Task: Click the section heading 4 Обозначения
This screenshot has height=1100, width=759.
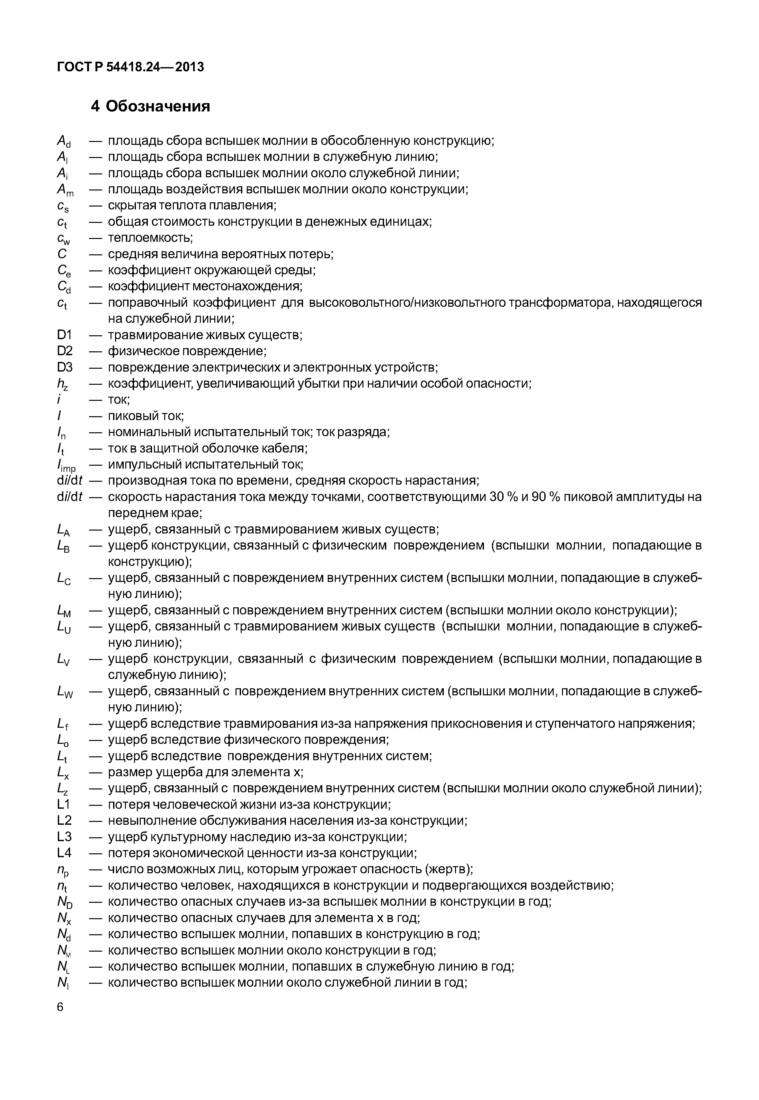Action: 150,106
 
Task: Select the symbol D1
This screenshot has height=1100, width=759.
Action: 64,335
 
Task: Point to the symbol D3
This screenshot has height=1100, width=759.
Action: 65,367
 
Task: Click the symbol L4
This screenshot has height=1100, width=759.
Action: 64,853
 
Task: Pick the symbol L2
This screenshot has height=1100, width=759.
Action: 64,821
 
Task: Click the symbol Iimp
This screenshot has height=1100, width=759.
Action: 66,465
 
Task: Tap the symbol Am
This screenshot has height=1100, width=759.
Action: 65,190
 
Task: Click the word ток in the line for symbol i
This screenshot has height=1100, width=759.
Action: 119,400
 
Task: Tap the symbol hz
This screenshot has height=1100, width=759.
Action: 62,384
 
